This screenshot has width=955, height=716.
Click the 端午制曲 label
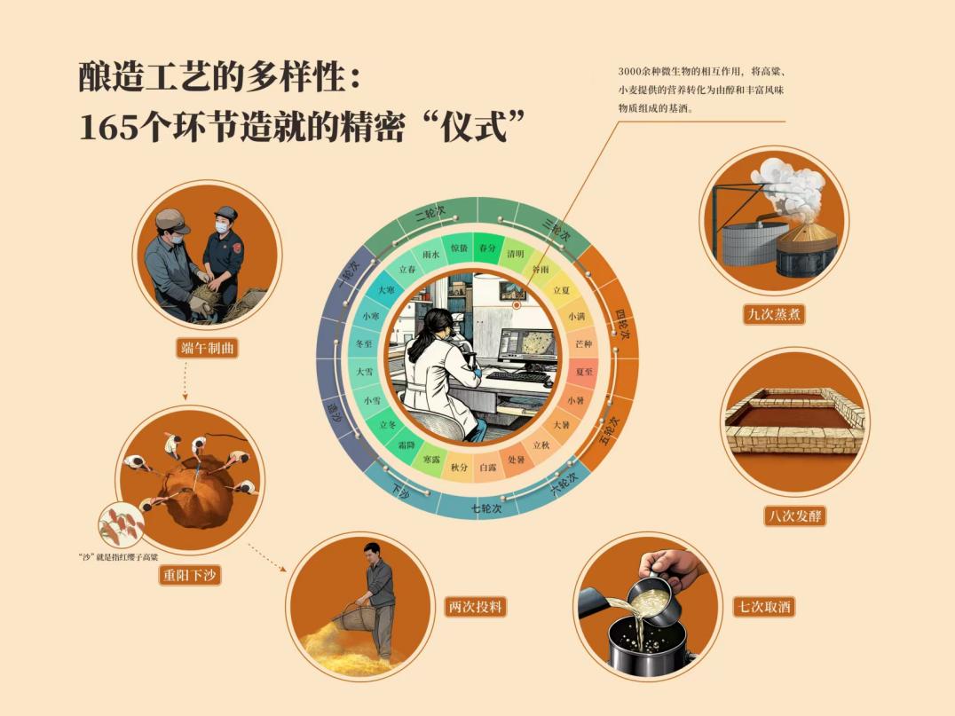pos(207,349)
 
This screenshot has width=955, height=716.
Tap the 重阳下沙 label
pos(189,575)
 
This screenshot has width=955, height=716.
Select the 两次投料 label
pos(476,606)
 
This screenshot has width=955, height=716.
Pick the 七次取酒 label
pos(764,606)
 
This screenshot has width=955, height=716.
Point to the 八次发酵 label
pos(795,515)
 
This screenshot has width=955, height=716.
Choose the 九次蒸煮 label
pos(774,314)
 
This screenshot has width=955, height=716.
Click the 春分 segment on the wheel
pos(487,248)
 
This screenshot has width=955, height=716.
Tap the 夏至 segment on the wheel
pos(584,371)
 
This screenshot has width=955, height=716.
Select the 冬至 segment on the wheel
pos(364,344)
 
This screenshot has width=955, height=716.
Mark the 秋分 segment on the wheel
pos(459,468)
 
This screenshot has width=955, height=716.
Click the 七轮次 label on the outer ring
pos(486,507)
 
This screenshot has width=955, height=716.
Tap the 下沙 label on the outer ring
pos(400,491)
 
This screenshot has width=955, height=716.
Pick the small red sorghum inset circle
pos(122,525)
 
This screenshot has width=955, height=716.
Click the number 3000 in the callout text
pos(629,72)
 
